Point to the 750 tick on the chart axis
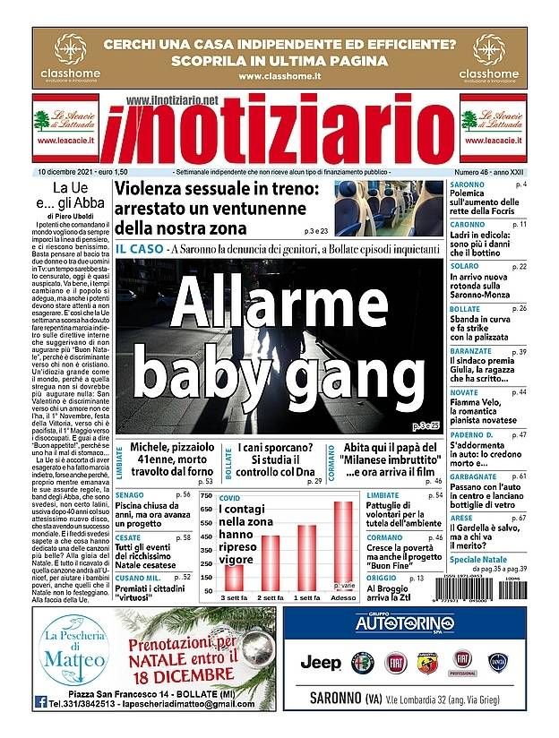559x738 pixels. pos(205,496)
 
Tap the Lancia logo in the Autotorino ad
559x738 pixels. pos(498,663)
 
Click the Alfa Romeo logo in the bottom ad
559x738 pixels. pos(364,663)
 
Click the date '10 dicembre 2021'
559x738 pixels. pos(67,171)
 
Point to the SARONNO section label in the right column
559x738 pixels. pos(468,184)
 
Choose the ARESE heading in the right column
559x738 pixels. pos(461,518)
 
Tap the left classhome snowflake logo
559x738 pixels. pos(67,47)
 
